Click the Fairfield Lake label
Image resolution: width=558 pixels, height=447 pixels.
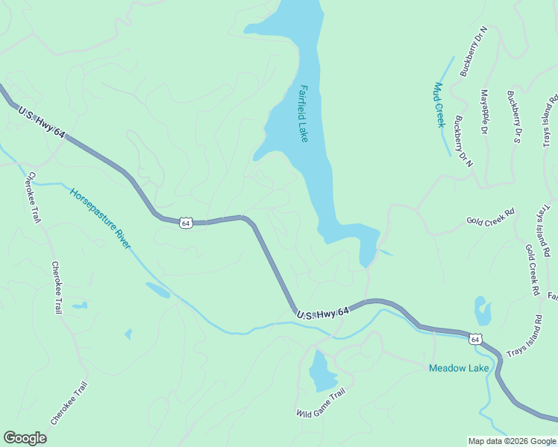[304, 113]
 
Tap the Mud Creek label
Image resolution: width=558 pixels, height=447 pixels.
[439, 105]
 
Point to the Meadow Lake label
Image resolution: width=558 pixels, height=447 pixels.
[459, 368]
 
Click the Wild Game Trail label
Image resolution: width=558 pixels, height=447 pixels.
[321, 404]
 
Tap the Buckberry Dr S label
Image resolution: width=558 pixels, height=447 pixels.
[513, 117]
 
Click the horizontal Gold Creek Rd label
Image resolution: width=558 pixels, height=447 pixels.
[491, 220]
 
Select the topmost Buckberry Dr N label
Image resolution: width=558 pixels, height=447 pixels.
[474, 52]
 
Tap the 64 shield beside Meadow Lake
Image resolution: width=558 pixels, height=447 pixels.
[475, 340]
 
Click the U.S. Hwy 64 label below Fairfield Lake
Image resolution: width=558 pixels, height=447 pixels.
[322, 315]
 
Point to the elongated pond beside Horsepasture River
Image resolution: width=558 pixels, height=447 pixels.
[157, 290]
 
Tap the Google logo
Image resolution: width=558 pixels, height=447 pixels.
[25, 438]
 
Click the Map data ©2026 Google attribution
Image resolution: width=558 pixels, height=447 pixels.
[512, 441]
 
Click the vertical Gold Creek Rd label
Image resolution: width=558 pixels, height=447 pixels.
[532, 270]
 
